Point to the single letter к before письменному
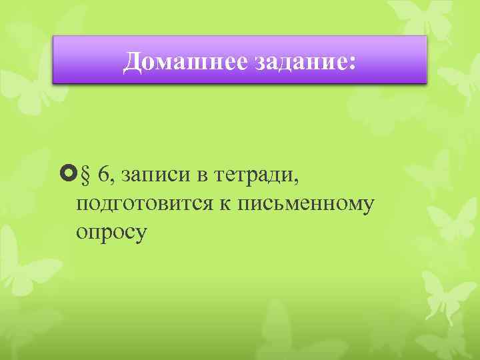(219, 204)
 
